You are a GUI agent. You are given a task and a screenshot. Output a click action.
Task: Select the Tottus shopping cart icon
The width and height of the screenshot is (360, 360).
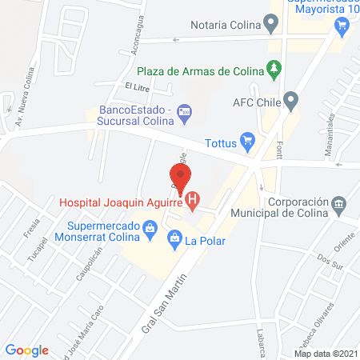coord(248,140)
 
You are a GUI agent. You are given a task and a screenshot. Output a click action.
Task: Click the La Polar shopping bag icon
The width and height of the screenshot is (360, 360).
coord(174,238)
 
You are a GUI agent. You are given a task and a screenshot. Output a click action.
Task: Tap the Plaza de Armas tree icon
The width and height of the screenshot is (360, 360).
coord(275,69)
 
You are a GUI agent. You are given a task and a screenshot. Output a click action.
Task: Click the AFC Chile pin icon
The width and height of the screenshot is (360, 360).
coord(291,102)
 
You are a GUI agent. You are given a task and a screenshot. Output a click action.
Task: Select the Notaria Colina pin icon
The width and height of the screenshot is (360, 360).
coord(272,25)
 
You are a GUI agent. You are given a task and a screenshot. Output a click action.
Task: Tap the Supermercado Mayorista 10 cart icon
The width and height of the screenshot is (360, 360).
coord(342,26)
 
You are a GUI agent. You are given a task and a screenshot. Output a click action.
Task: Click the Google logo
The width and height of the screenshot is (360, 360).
coord(27,350)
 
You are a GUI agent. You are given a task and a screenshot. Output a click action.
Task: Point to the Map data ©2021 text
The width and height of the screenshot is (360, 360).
coord(326,353)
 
